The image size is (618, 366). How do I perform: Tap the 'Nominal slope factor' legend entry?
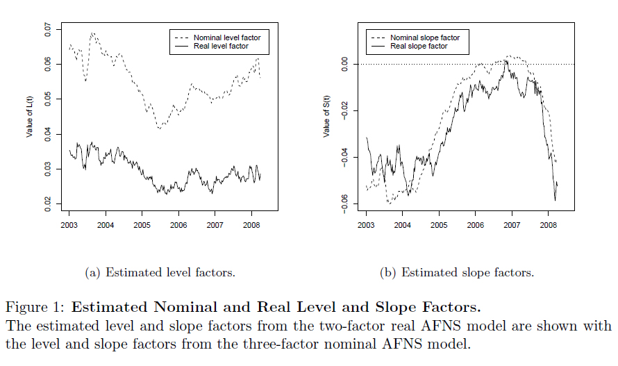(424, 38)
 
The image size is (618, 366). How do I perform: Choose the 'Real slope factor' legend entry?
(419, 46)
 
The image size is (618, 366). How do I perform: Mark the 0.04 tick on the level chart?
(48, 134)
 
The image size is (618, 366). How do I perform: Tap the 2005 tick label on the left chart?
(142, 225)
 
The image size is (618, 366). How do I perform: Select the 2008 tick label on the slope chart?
(548, 225)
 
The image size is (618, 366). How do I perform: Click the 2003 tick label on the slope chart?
(366, 225)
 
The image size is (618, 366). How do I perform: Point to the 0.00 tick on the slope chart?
(345, 64)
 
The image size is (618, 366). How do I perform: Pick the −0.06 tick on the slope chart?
(345, 203)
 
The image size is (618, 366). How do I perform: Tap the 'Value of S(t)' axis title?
(327, 115)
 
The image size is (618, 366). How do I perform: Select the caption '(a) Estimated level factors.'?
(160, 273)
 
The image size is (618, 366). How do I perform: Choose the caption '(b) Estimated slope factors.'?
(457, 273)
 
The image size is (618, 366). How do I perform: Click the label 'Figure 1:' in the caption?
(35, 307)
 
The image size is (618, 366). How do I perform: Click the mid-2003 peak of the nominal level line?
(92, 33)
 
